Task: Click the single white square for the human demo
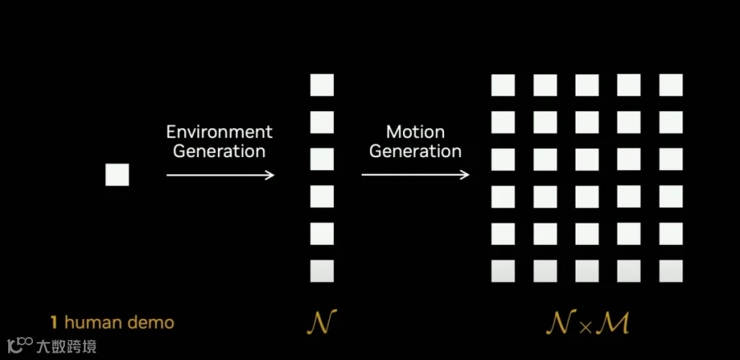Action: click(117, 174)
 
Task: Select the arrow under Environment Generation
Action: click(220, 174)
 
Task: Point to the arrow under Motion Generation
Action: click(415, 174)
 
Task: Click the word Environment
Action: click(219, 132)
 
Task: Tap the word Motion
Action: click(415, 132)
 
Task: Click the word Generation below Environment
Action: click(219, 151)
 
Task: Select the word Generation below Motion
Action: click(415, 151)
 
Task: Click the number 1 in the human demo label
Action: click(55, 322)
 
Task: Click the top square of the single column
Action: click(322, 85)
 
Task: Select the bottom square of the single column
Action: click(322, 270)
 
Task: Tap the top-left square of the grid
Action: click(502, 85)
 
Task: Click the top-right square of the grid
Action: click(671, 85)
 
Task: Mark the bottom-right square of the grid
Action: click(671, 270)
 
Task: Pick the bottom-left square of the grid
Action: click(502, 270)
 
